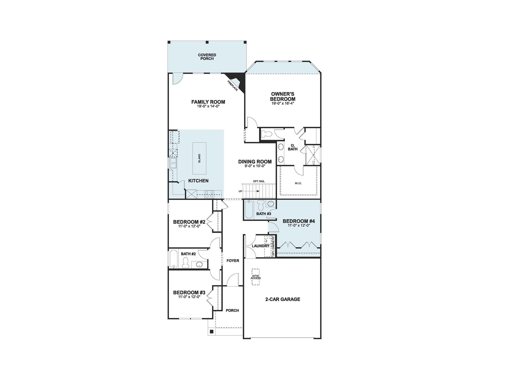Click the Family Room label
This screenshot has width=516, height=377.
point(208,102)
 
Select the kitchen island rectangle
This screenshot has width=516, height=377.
point(199,158)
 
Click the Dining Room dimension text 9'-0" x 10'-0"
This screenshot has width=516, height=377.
point(255,166)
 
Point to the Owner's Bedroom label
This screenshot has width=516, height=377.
point(282,97)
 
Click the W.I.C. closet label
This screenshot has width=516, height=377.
point(298,183)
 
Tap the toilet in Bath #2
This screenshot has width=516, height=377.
point(186,263)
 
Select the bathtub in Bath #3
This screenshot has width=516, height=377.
point(249,209)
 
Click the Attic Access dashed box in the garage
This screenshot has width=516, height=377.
point(255,277)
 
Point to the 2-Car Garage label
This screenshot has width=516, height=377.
point(282,299)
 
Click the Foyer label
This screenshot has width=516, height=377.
point(233,261)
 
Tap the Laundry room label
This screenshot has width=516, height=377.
point(261,246)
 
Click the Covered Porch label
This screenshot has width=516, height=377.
point(207,57)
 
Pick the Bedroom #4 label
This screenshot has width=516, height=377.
point(299,221)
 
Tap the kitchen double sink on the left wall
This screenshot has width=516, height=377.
point(173,163)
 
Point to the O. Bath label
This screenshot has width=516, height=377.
point(293,147)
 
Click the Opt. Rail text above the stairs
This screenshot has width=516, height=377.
point(259,181)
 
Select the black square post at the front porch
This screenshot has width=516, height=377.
point(211,331)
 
